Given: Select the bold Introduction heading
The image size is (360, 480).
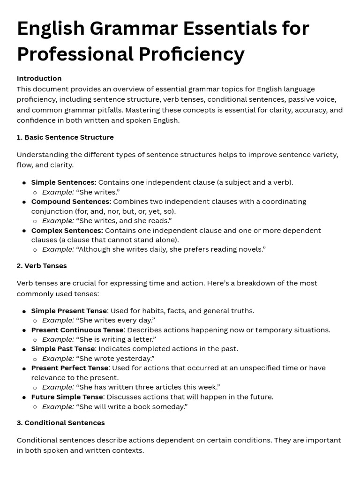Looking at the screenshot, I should pyautogui.click(x=39, y=78).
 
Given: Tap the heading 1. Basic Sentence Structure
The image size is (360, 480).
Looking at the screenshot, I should pyautogui.click(x=65, y=137).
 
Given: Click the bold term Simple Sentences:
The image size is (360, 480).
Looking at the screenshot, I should pyautogui.click(x=64, y=182).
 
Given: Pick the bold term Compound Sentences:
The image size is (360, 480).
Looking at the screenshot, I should pyautogui.click(x=71, y=202).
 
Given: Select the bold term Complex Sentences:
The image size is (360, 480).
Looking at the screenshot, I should pyautogui.click(x=67, y=231).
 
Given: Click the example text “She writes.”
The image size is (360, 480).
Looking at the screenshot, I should pyautogui.click(x=97, y=192).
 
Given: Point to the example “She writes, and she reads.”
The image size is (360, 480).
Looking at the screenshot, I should pyautogui.click(x=124, y=221).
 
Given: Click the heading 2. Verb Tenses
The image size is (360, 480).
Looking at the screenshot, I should pyautogui.click(x=42, y=266).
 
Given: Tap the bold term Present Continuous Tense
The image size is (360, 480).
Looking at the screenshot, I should pyautogui.click(x=77, y=330).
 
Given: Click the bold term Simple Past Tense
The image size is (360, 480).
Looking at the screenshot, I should pyautogui.click(x=63, y=349).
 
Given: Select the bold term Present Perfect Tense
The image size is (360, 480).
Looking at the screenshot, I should pyautogui.click(x=70, y=368).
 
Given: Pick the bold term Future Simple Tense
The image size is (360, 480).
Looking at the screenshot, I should pyautogui.click(x=67, y=397).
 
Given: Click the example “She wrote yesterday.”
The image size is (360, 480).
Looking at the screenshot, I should pyautogui.click(x=115, y=359).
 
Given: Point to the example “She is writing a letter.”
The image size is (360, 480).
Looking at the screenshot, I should pyautogui.click(x=116, y=339).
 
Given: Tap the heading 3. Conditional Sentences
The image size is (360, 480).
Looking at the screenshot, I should pyautogui.click(x=60, y=423).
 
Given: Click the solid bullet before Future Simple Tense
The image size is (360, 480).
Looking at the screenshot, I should pyautogui.click(x=24, y=397).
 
